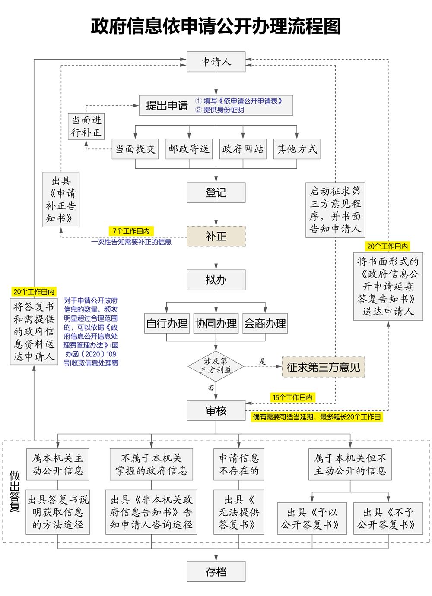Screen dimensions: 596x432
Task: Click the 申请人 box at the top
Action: (x=216, y=62)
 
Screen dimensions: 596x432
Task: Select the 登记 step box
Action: (x=216, y=192)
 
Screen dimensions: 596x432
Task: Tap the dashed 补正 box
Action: (x=216, y=236)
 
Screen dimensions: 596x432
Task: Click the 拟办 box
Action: (x=216, y=280)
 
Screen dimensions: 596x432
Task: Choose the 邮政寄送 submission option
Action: (x=189, y=149)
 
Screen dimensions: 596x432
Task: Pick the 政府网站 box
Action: (x=243, y=149)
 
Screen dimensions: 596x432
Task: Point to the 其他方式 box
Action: (x=297, y=149)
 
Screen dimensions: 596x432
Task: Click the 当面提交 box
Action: (x=135, y=149)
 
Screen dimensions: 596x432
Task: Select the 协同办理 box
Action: (x=216, y=324)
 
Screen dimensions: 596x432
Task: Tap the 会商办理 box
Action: (x=265, y=324)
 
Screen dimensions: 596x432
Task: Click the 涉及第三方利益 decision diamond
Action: (x=216, y=366)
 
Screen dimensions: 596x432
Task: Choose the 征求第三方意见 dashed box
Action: (x=323, y=367)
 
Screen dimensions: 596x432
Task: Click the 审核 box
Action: (x=216, y=410)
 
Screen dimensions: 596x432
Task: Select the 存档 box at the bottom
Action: (x=216, y=571)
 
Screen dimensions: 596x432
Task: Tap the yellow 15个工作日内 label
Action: (x=292, y=397)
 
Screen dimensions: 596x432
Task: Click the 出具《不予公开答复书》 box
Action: (x=388, y=518)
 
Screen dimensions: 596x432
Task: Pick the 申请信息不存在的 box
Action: (x=239, y=464)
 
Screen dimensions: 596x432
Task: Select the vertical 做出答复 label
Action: (x=16, y=491)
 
